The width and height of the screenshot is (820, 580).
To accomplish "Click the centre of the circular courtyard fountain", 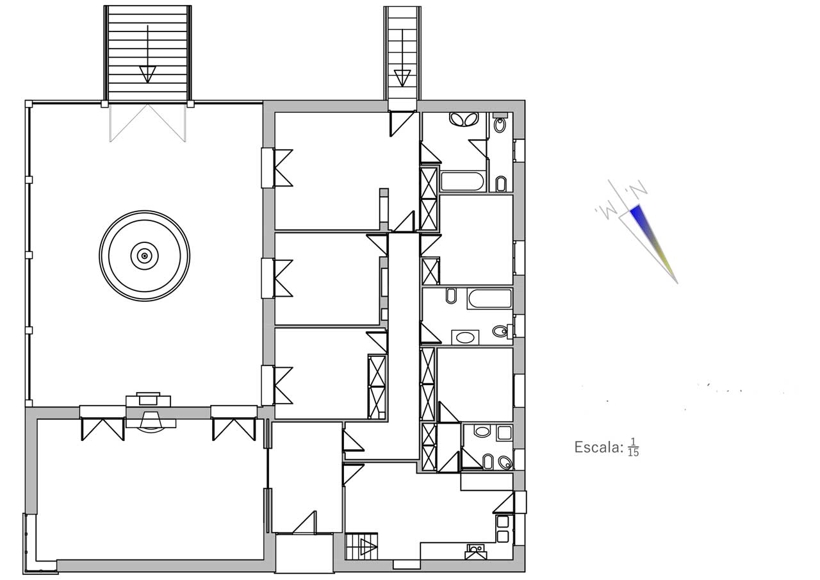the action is tap(145, 256).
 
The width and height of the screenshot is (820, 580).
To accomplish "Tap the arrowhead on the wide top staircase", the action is tap(147, 74).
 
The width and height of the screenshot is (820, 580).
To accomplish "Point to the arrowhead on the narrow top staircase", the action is tap(402, 78).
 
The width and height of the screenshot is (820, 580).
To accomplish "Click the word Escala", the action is tap(598, 447).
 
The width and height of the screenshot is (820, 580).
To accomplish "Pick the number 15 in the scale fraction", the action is tap(634, 453).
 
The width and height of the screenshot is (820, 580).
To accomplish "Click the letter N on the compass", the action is tap(638, 188).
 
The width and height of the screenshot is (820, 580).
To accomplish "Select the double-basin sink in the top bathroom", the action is tap(464, 119).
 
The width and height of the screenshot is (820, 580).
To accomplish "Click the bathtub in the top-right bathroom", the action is tap(463, 181).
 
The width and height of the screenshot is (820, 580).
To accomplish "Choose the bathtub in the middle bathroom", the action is tap(489, 299).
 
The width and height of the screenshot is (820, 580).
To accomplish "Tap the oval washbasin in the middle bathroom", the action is tap(465, 337).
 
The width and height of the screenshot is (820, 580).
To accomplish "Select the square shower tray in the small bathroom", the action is tap(504, 433).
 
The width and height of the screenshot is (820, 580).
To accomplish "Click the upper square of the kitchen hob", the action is tap(503, 522).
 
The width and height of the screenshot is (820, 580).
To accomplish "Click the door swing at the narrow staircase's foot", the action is tap(402, 124).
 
